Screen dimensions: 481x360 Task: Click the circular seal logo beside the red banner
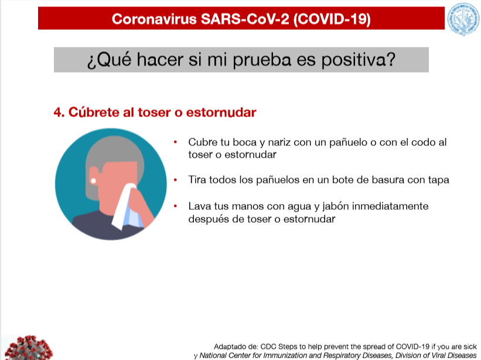pos(463,19)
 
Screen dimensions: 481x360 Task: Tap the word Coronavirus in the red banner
pos(154,19)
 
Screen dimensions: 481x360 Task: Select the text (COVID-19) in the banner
pos(332,19)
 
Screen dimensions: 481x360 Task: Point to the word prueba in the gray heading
pos(262,60)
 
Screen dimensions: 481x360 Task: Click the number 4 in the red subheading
pos(57,113)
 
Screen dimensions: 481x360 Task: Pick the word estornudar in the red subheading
pos(221,113)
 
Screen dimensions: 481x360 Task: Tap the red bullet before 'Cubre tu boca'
pos(175,142)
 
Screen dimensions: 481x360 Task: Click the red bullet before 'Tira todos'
pos(175,180)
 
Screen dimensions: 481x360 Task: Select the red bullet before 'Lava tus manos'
pos(175,206)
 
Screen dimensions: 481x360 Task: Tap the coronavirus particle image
pos(28,348)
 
